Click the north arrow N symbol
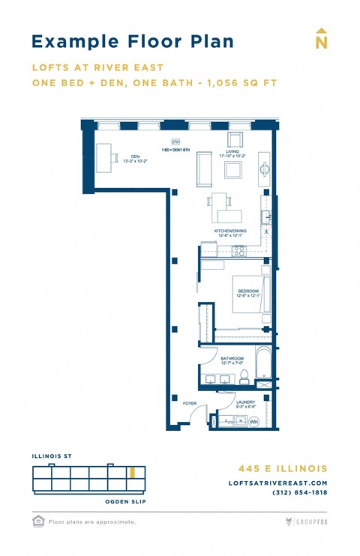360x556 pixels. click(322, 40)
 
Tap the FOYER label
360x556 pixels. click(190, 403)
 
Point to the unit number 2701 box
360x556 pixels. click(176, 142)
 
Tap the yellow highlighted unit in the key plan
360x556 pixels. click(133, 473)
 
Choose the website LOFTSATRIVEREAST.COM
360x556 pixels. click(277, 483)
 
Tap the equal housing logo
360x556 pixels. click(37, 520)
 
